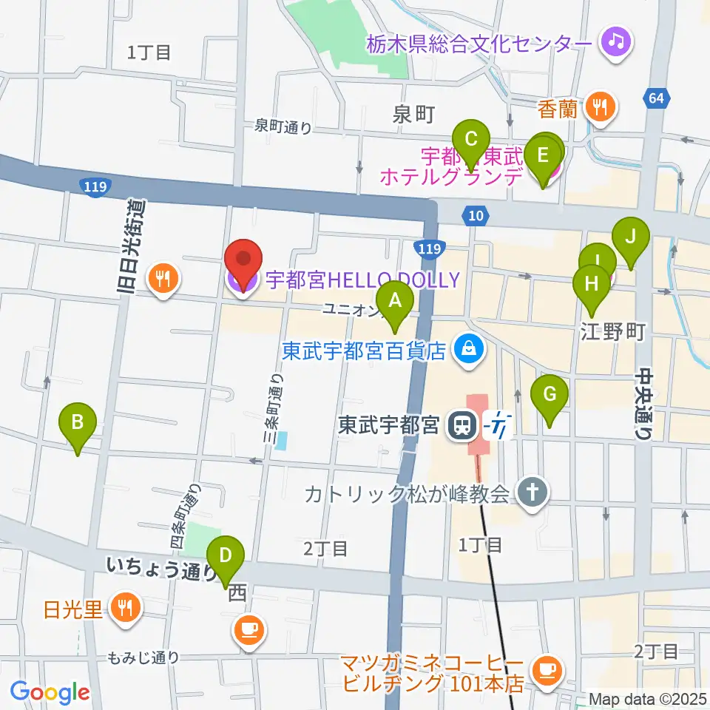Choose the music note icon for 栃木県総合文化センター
(615, 40)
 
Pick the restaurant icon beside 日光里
(124, 607)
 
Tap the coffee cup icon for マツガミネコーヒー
(547, 669)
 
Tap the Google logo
(50, 693)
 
